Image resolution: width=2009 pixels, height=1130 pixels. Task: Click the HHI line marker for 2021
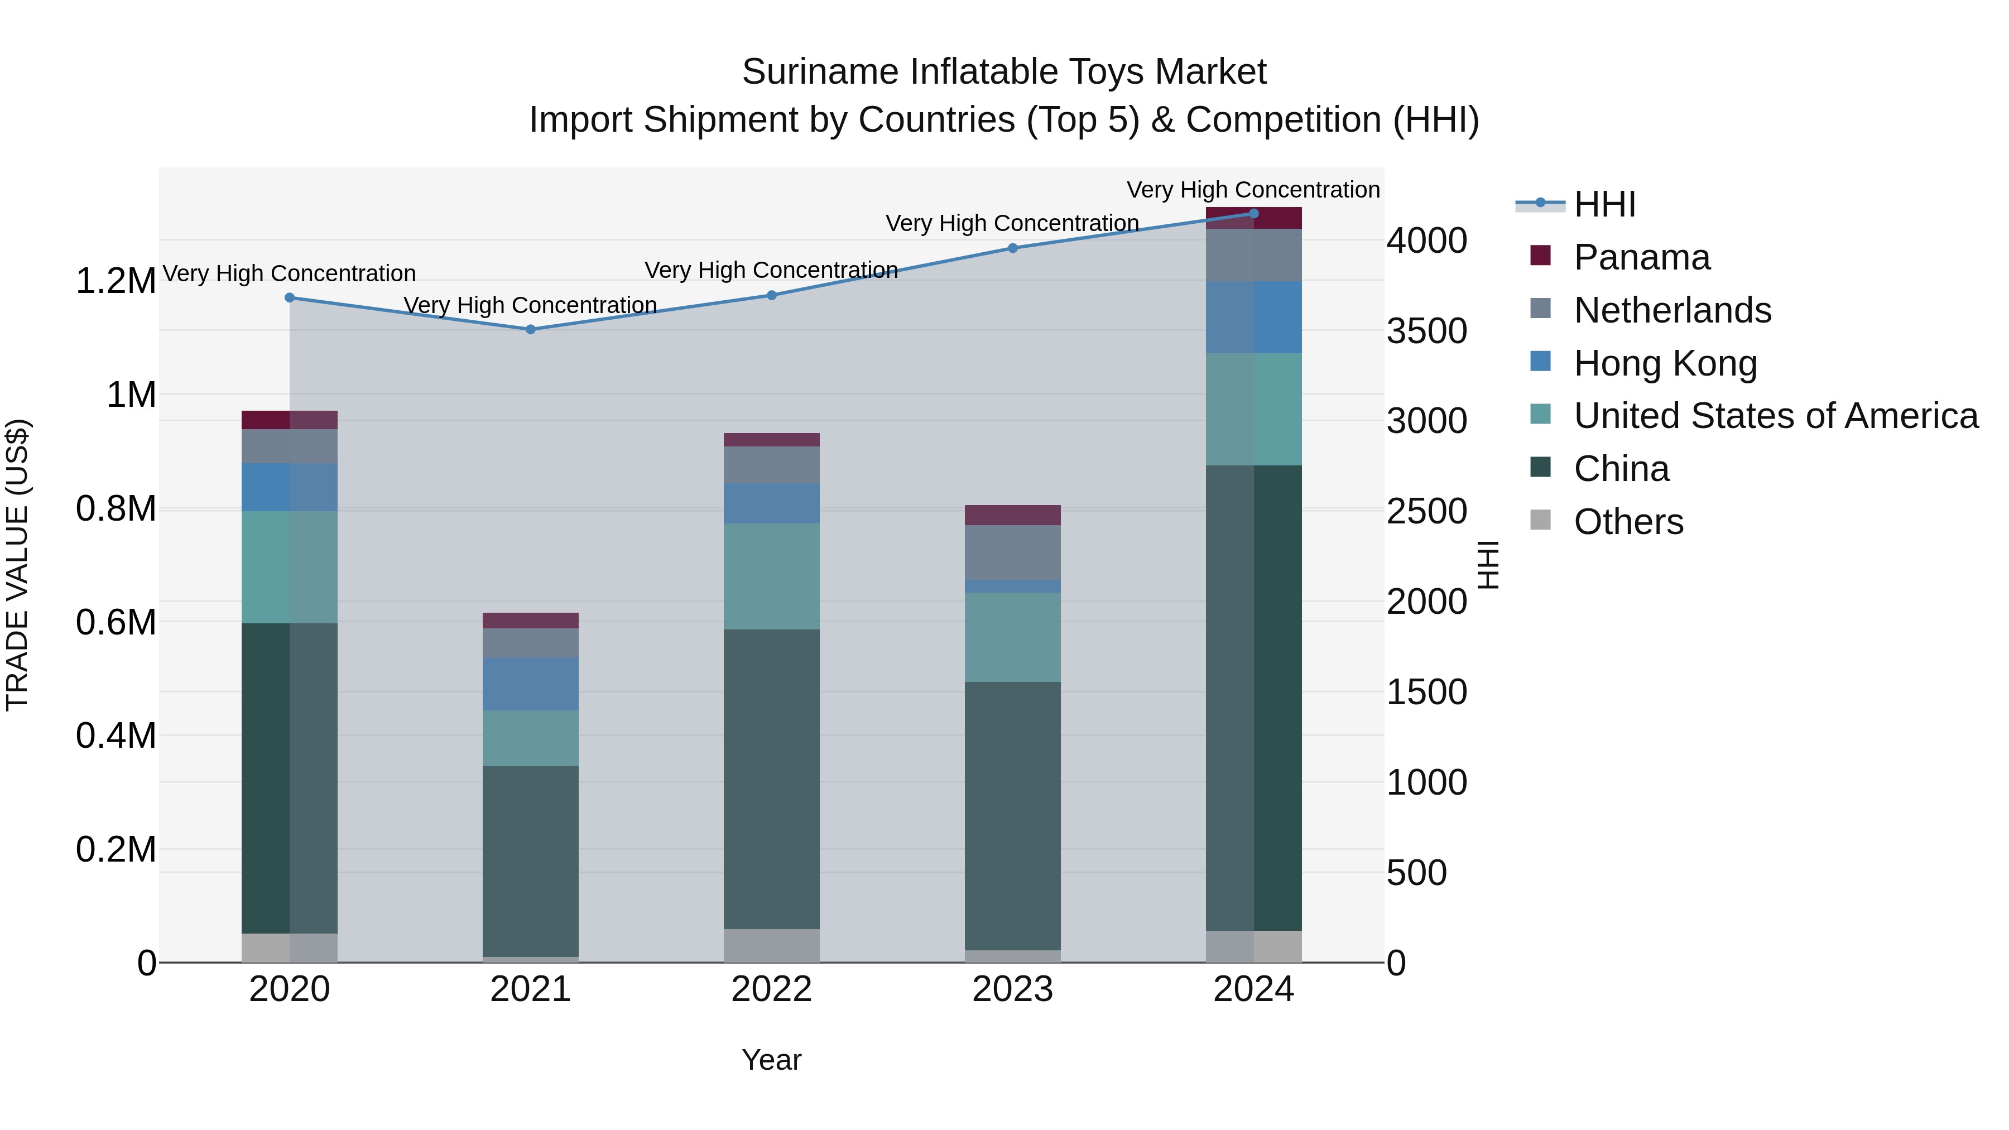tap(530, 329)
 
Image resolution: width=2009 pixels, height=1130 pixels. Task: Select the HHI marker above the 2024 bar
tap(1253, 213)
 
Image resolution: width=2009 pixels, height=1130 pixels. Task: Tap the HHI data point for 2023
tap(1012, 248)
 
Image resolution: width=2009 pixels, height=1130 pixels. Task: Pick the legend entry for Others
tap(1628, 522)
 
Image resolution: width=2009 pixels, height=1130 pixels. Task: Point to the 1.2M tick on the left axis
tap(116, 281)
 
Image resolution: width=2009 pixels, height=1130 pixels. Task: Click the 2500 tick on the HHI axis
tap(1426, 512)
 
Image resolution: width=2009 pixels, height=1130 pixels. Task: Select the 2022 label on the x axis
tap(771, 989)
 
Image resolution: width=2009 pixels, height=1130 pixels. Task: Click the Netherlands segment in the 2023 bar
tap(1012, 551)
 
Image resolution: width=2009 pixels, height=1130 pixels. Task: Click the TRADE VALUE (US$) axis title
tap(17, 565)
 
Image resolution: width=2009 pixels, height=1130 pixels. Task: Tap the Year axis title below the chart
tap(771, 1060)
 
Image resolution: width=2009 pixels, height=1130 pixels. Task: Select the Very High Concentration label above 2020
tap(289, 274)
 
